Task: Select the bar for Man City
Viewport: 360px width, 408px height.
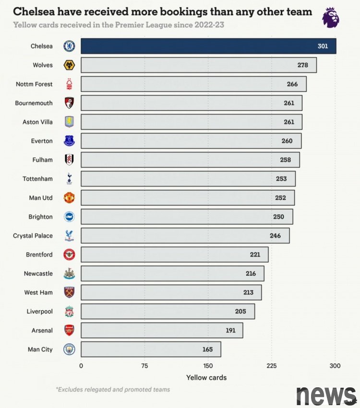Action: click(150, 350)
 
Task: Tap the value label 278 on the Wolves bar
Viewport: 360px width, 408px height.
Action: click(302, 65)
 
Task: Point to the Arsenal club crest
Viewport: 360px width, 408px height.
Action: click(70, 330)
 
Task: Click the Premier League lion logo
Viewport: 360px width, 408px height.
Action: click(331, 18)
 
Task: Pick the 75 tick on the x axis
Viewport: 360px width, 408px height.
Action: click(144, 366)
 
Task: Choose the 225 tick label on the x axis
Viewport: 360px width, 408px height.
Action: click(272, 366)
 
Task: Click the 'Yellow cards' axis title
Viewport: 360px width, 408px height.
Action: click(206, 378)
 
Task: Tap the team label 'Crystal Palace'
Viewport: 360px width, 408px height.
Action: click(33, 236)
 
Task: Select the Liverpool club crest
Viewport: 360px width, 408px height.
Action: click(70, 312)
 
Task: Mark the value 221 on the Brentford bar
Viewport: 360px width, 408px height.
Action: click(255, 255)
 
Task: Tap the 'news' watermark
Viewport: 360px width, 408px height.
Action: click(326, 395)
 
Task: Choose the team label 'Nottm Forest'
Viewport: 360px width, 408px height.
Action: click(34, 84)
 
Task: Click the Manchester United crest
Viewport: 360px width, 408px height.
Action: click(70, 198)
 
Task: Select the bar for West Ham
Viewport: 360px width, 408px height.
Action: click(171, 292)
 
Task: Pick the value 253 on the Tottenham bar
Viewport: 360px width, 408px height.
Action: click(281, 179)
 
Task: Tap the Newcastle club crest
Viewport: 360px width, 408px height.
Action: click(70, 274)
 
